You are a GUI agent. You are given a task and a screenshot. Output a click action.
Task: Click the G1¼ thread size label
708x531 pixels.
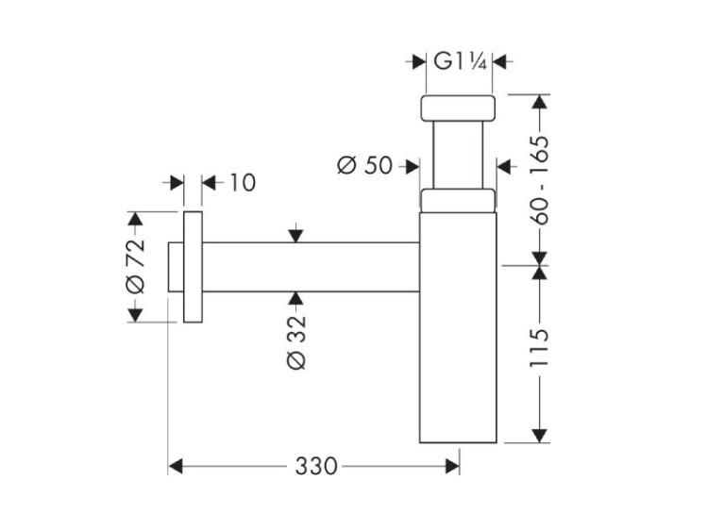point(460,61)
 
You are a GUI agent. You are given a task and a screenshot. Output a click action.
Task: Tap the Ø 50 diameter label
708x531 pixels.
point(364,165)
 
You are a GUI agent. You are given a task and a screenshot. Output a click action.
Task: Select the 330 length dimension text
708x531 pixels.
point(316,466)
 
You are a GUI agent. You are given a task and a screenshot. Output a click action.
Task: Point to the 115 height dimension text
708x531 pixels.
point(539,348)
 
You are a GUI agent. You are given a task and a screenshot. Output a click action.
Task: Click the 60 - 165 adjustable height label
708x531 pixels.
point(539,179)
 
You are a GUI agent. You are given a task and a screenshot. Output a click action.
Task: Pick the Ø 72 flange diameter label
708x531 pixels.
point(135,266)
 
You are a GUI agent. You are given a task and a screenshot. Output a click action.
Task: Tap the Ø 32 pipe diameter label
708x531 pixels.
point(296,342)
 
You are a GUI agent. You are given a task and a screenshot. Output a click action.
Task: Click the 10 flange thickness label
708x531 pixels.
point(243,183)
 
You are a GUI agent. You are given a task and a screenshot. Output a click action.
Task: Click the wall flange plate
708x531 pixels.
point(193,267)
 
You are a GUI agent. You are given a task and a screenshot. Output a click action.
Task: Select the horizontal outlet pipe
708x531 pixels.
point(311,267)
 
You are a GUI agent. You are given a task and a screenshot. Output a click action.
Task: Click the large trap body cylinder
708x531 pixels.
point(458,327)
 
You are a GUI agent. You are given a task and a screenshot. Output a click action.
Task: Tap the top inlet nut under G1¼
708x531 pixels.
point(458,108)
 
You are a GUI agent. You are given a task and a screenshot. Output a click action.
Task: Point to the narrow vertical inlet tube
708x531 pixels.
point(458,155)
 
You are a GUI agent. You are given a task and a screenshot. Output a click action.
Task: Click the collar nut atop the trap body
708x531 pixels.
point(458,200)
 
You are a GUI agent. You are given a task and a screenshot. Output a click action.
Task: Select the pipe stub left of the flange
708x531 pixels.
point(176,267)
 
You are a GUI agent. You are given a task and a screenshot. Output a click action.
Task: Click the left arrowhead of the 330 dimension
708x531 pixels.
point(176,467)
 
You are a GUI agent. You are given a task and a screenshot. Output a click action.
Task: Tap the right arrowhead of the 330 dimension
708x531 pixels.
point(452,467)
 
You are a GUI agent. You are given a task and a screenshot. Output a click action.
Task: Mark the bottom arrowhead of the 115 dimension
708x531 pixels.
point(539,436)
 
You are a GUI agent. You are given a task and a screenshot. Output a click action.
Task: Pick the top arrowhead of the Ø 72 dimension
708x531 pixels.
point(135,219)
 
